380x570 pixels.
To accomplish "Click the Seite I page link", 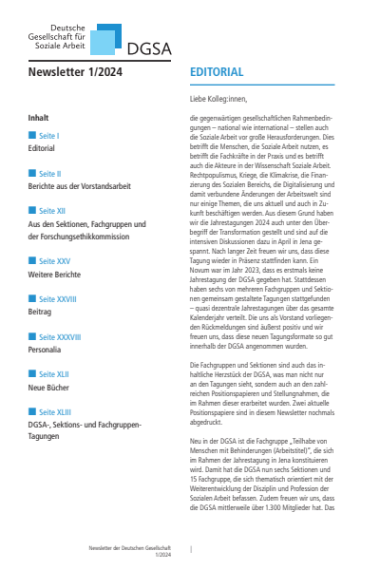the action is click(x=48, y=136).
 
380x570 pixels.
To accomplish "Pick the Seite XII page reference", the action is click(x=50, y=210).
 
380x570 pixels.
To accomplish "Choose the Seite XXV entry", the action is click(x=51, y=260).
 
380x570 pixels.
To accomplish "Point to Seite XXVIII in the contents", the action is click(x=54, y=297).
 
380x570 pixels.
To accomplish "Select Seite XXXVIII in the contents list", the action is click(x=57, y=335).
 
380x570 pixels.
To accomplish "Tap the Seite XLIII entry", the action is click(x=52, y=411).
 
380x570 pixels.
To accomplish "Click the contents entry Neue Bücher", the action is click(x=52, y=386).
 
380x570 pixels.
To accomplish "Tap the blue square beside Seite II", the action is click(x=32, y=174).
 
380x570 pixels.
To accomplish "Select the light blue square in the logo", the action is click(x=110, y=43).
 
